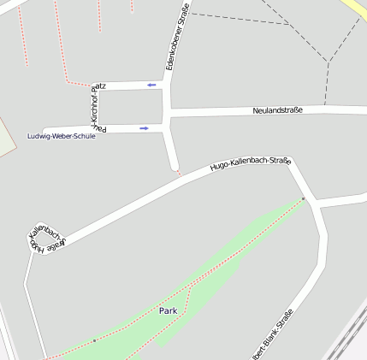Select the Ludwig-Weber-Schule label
[62, 137]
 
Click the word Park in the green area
[168, 310]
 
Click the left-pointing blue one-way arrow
[151, 85]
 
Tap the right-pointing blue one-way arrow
[145, 128]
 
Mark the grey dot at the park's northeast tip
[303, 199]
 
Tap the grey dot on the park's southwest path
[94, 341]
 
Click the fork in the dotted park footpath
[190, 290]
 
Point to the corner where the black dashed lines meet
[329, 62]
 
